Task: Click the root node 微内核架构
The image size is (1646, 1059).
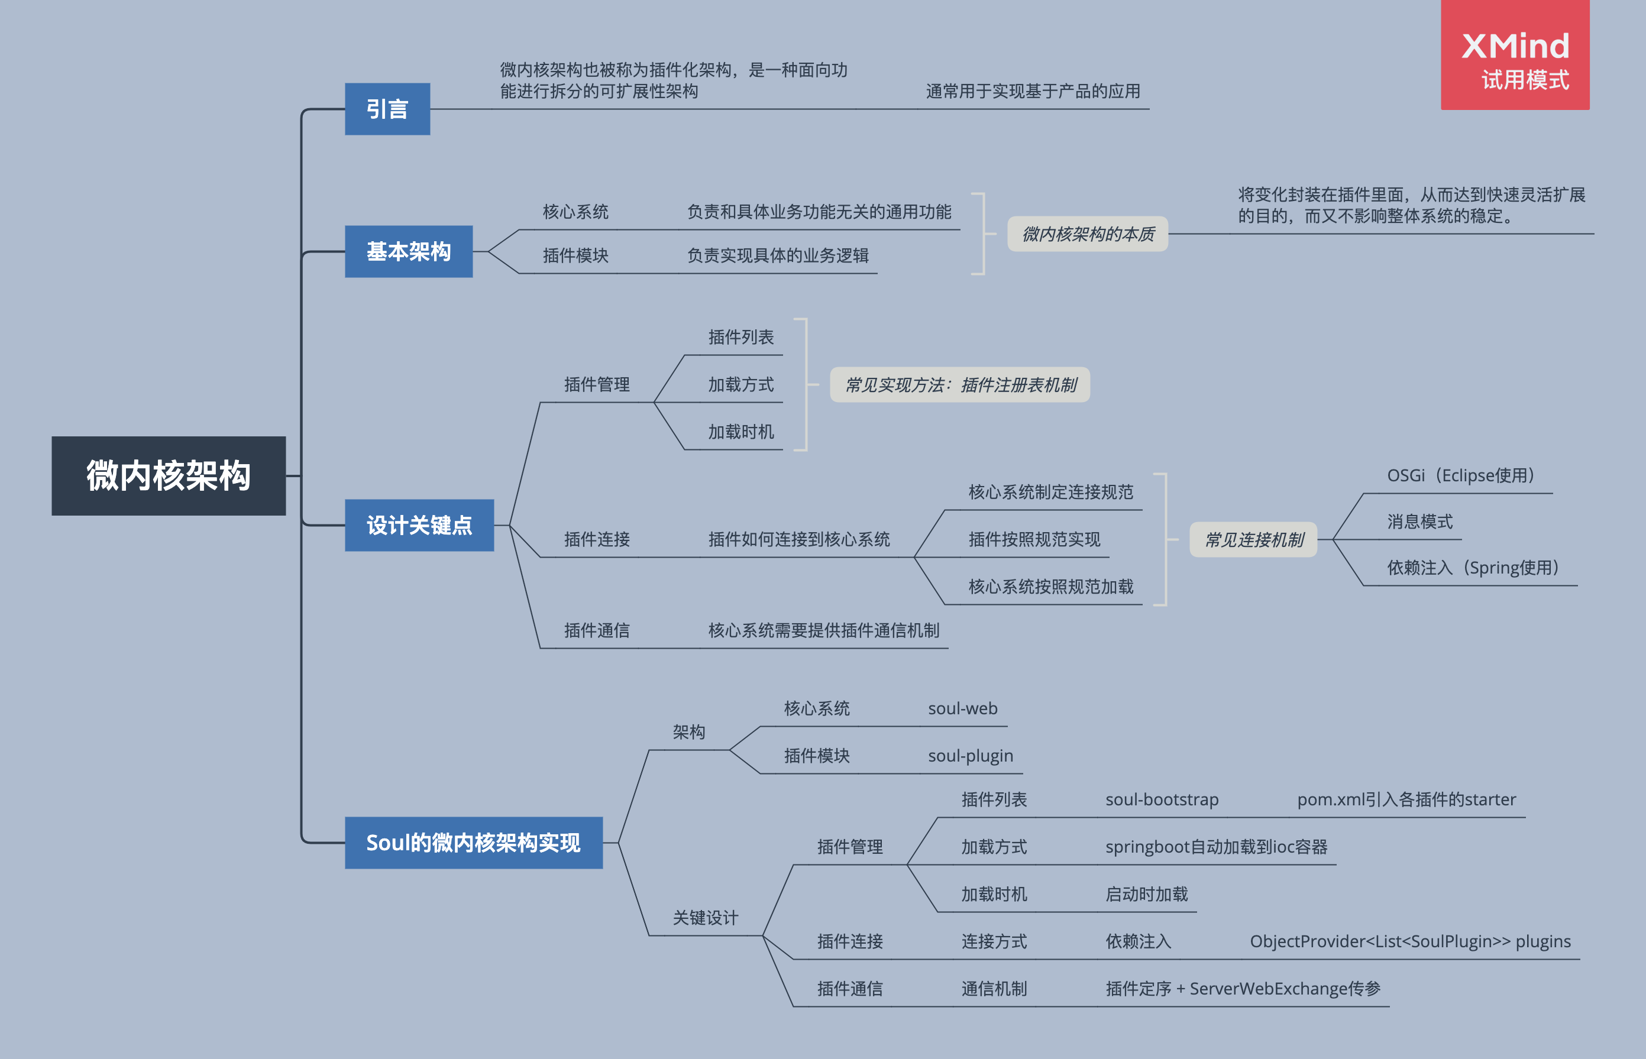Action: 169,476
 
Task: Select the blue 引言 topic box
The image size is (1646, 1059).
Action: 387,109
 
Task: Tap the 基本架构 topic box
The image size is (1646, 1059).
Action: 409,252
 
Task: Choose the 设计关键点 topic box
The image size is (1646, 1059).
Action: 419,526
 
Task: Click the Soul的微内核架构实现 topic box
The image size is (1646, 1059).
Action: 473,843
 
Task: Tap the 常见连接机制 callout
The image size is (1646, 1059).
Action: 1253,540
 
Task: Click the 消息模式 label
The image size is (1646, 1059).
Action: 1419,522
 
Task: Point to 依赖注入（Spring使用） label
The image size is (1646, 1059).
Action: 1472,568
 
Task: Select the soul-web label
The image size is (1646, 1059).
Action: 962,709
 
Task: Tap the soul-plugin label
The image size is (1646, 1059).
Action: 970,756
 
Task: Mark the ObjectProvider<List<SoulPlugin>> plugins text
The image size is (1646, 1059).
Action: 1410,941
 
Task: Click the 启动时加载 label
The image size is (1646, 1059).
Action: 1147,895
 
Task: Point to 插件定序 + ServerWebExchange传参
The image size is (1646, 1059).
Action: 1243,989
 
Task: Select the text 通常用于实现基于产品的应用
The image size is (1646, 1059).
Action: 1033,92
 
